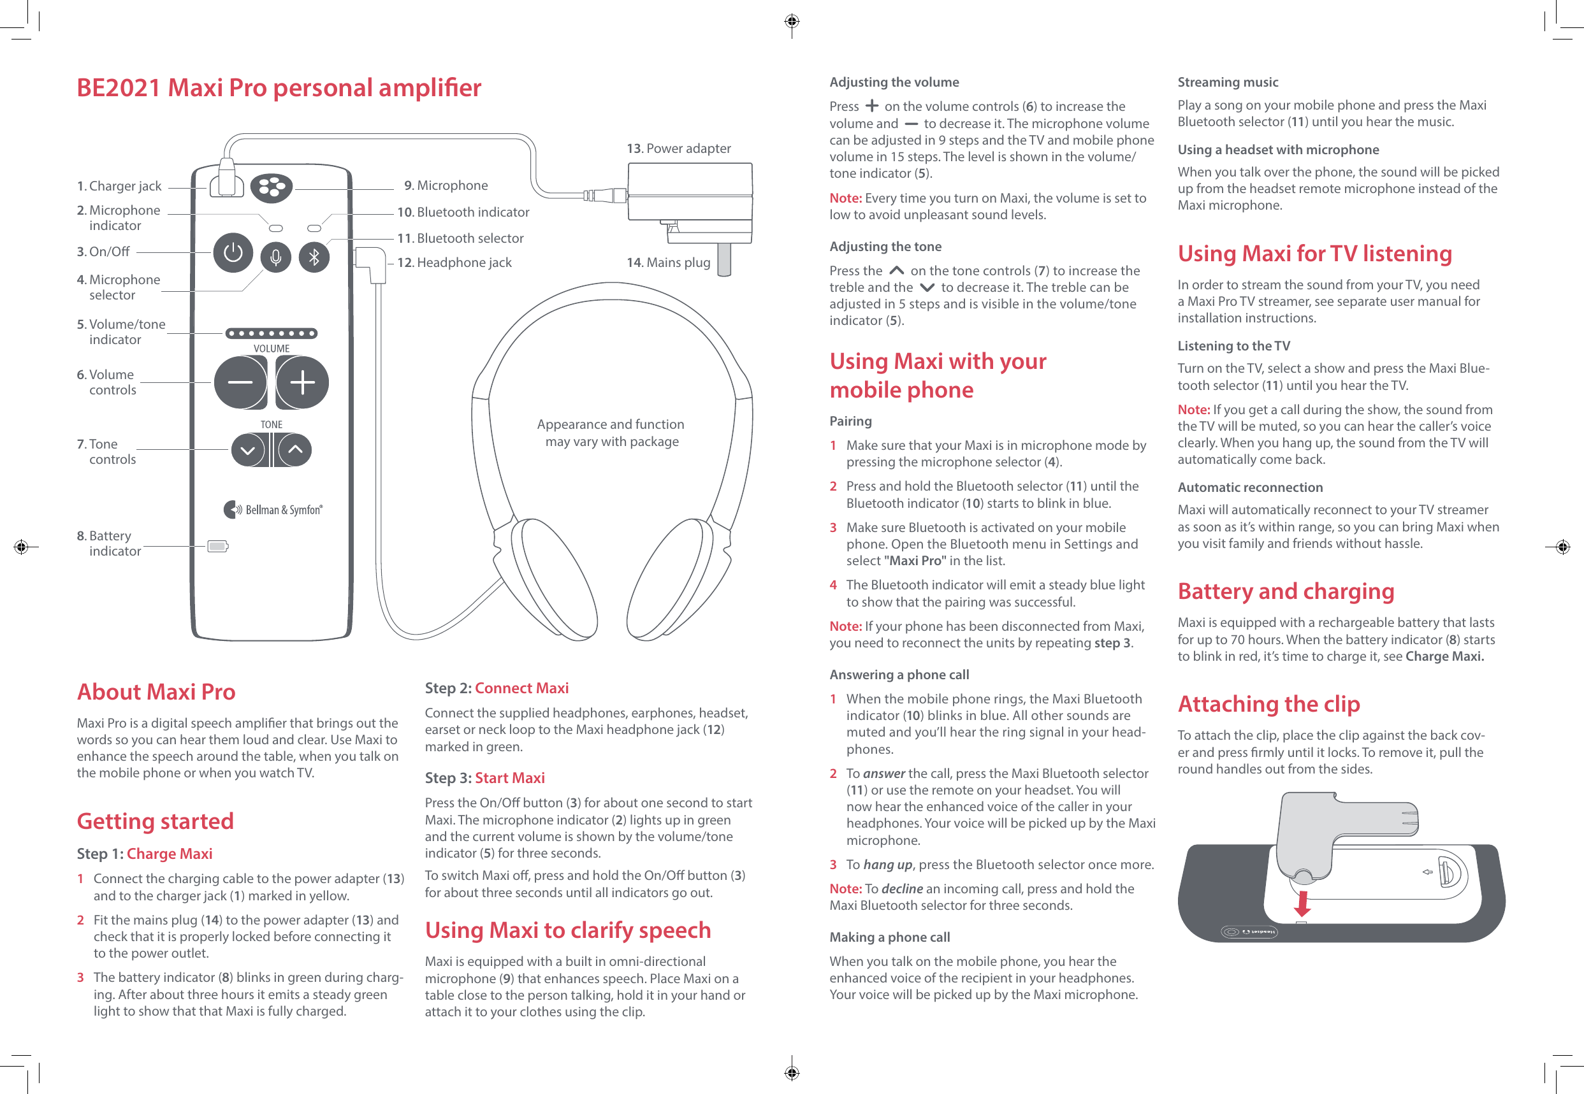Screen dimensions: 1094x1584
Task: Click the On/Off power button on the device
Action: coord(233,254)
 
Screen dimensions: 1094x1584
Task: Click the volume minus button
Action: coord(240,382)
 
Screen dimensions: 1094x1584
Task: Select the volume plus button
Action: coord(302,382)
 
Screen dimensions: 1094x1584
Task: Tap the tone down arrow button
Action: coord(247,450)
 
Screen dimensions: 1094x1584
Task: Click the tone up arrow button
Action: coord(296,450)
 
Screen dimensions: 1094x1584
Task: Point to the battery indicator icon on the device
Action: coord(218,546)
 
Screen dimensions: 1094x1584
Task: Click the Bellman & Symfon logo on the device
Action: coord(273,509)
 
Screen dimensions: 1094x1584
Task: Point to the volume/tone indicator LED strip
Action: coord(272,334)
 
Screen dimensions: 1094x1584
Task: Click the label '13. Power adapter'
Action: coord(678,148)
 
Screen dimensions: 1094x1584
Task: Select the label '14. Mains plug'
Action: coord(668,263)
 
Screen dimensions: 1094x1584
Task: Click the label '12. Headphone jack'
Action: coord(454,263)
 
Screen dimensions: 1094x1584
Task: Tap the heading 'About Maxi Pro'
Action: coord(156,691)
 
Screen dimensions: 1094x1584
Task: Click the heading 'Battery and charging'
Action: coord(1286,591)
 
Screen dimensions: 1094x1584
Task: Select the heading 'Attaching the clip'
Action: coord(1268,704)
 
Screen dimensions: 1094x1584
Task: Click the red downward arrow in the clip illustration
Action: coord(1302,903)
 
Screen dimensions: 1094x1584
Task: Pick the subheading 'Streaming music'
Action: coord(1228,82)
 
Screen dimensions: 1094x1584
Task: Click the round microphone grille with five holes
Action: coord(272,187)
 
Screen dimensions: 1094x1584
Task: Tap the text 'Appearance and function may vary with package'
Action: coord(611,433)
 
